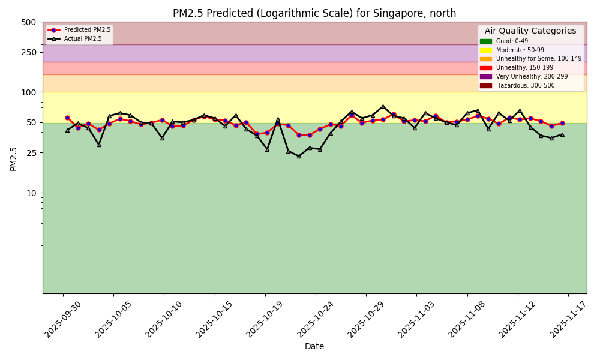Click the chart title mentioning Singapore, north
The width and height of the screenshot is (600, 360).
click(314, 13)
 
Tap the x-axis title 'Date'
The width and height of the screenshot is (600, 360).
click(314, 346)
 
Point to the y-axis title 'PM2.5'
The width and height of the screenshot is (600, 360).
click(14, 158)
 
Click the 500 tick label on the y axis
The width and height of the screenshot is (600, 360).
click(29, 22)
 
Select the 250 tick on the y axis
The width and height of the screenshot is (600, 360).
click(29, 52)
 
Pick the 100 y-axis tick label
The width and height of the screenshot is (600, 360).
click(29, 92)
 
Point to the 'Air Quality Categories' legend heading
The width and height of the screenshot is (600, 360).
click(530, 31)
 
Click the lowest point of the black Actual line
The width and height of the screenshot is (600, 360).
click(299, 156)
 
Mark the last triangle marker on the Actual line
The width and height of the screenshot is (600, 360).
click(562, 134)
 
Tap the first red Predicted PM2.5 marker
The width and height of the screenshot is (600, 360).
click(67, 118)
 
